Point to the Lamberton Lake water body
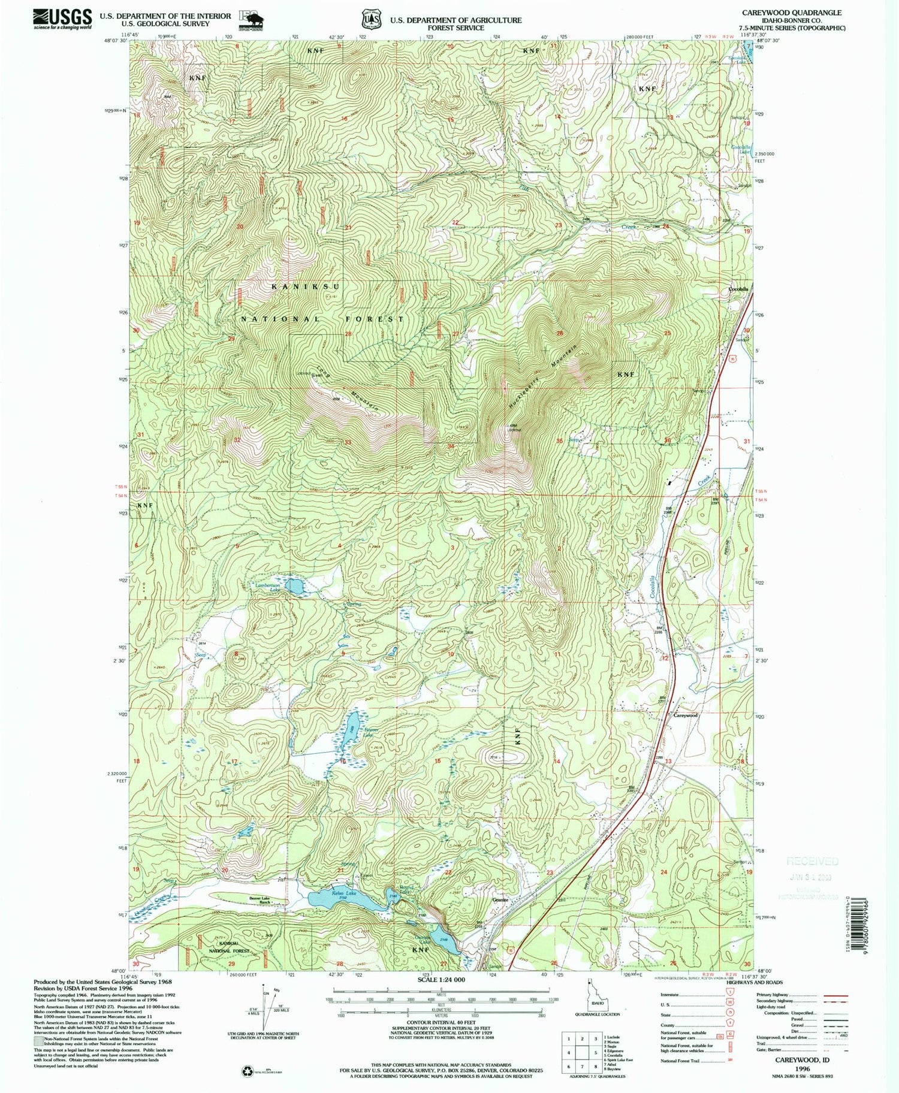(293, 587)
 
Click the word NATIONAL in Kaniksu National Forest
(280, 319)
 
